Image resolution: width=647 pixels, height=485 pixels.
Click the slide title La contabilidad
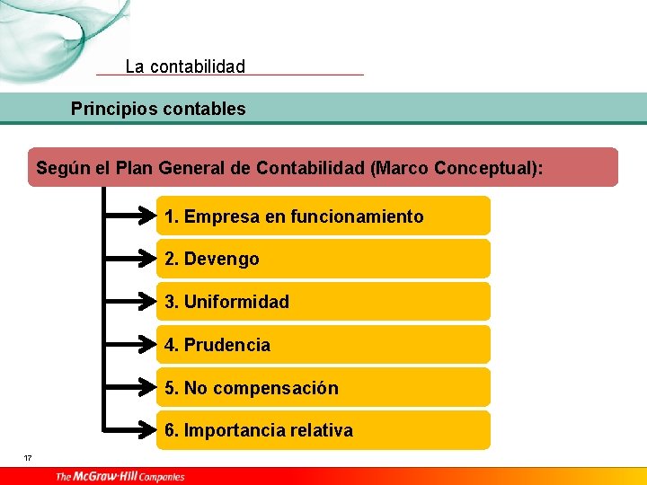185,66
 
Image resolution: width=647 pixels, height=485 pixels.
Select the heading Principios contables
158,110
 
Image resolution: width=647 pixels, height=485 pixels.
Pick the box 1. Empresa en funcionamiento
323,216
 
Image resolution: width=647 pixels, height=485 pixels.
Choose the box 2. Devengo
323,259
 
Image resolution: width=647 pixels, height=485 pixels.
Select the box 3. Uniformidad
323,302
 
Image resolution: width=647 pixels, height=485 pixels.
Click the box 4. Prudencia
323,345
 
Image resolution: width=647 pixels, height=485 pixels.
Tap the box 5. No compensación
323,388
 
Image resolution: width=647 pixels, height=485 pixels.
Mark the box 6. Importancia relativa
323,430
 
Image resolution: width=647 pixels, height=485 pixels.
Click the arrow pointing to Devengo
131,259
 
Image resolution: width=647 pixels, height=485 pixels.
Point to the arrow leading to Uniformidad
131,302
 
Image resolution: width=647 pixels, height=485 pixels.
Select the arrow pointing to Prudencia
131,345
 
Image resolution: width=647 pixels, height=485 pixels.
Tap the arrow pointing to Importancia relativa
131,430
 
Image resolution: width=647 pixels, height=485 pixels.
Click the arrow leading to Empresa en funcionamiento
131,216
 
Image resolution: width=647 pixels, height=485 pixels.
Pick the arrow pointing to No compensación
131,388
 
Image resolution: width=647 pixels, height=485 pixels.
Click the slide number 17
28,459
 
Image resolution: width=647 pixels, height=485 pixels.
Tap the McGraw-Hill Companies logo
120,476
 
